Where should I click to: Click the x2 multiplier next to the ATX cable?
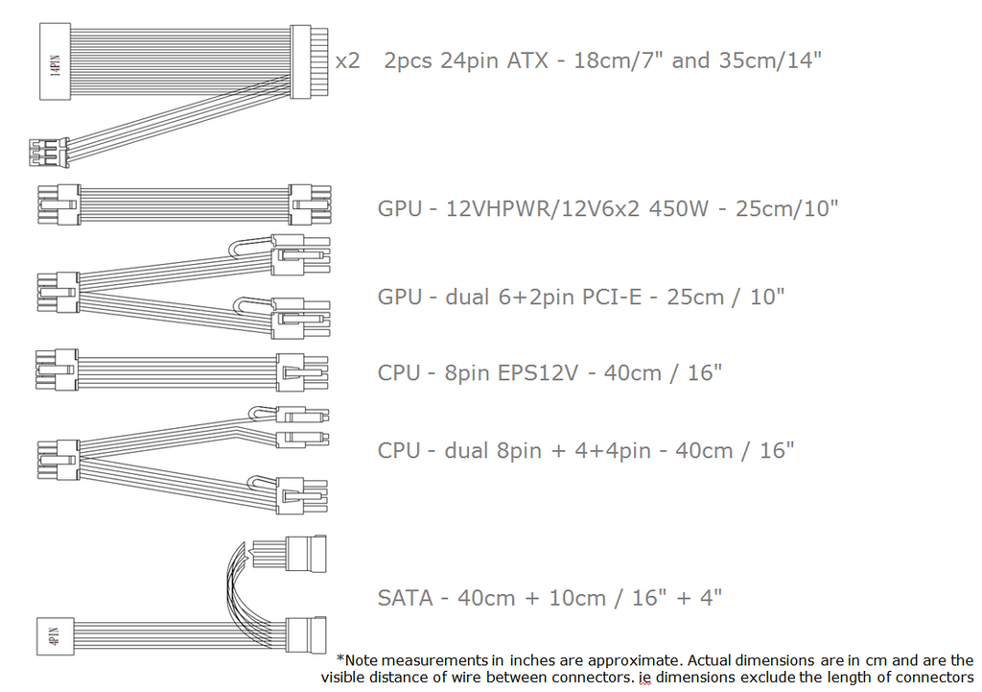[347, 61]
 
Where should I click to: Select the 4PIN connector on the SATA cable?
[54, 637]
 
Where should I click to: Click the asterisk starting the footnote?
[340, 659]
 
